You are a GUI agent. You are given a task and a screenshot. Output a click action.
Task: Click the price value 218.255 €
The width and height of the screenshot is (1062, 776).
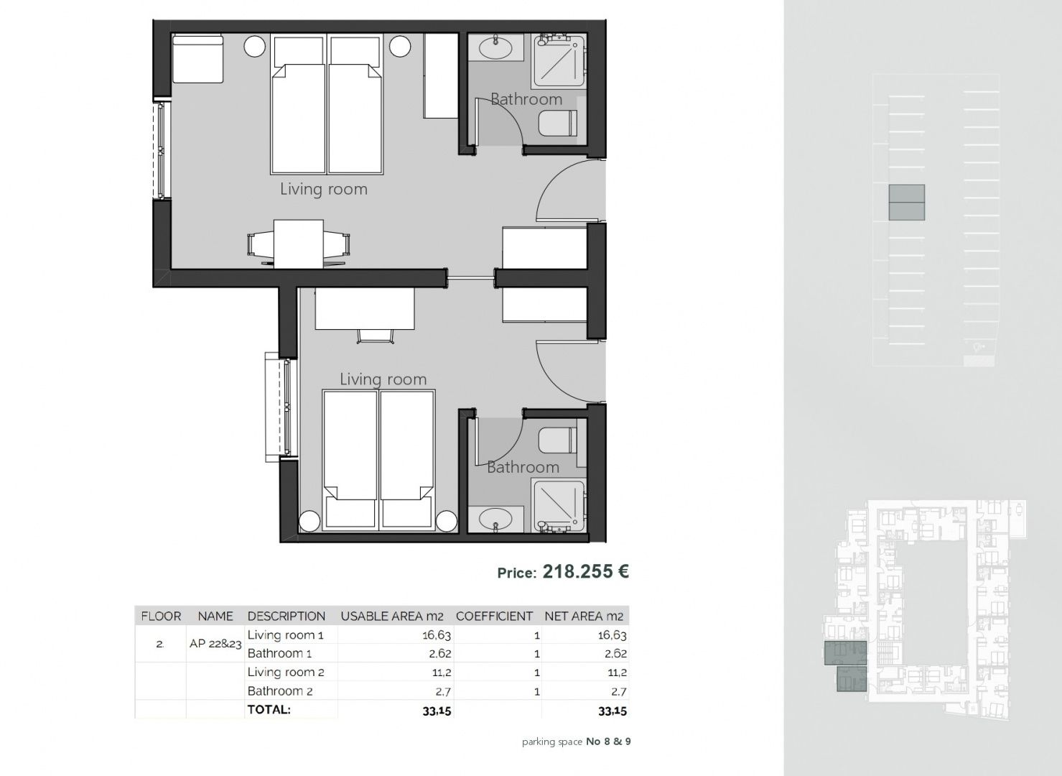point(585,571)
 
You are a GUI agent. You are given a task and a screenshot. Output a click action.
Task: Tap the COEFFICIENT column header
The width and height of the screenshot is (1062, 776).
point(494,616)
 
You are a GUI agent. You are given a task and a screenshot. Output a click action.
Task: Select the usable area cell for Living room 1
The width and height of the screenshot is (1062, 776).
point(436,634)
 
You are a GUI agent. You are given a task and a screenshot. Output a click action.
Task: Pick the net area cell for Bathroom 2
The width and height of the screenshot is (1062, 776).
point(619,691)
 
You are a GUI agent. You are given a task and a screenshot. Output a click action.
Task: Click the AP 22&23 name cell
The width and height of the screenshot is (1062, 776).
point(215,644)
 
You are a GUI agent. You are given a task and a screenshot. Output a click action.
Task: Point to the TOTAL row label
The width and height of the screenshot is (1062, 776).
point(269,710)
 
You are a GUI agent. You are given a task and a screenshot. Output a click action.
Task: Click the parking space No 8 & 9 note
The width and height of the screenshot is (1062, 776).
point(576,742)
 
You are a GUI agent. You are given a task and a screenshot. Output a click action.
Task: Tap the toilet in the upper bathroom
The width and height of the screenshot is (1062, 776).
point(557,122)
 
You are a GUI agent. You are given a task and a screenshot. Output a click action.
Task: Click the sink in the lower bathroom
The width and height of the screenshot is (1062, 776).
point(495,519)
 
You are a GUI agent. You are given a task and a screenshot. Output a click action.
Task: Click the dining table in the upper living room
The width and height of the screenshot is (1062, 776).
point(299,244)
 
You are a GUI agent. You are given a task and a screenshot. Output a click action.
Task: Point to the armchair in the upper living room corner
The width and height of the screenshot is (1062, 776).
point(197,58)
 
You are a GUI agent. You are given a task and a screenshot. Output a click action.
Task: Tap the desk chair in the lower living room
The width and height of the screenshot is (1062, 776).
point(376,336)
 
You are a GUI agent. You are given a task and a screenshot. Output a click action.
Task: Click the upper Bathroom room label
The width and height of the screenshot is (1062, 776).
point(526,99)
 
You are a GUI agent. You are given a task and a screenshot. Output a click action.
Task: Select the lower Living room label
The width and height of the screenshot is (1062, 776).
point(383,379)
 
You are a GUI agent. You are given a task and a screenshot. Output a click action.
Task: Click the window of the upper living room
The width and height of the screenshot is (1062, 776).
point(161,150)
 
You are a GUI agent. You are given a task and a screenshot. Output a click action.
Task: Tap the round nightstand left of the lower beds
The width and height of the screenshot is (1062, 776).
point(310,522)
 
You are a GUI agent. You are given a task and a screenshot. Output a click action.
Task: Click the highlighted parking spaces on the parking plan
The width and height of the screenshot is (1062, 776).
point(906,203)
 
